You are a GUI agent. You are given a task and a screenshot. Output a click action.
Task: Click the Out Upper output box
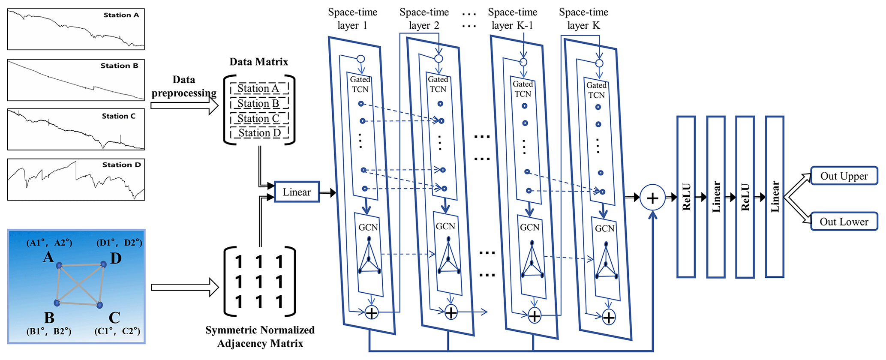pyautogui.click(x=844, y=176)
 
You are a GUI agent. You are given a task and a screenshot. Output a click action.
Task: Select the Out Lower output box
pyautogui.click(x=844, y=222)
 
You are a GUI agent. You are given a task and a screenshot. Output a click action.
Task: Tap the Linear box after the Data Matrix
pyautogui.click(x=297, y=192)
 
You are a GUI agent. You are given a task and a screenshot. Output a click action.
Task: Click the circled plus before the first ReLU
pyautogui.click(x=652, y=198)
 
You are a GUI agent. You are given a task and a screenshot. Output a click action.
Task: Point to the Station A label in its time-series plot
pyautogui.click(x=121, y=15)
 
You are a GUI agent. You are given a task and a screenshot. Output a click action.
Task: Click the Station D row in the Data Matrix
pyautogui.click(x=259, y=133)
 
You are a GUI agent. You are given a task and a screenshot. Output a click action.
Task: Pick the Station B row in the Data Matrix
pyautogui.click(x=258, y=104)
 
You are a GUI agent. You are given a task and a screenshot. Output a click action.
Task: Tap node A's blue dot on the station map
pyautogui.click(x=59, y=266)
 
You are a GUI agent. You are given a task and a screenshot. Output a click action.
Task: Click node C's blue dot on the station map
pyautogui.click(x=100, y=305)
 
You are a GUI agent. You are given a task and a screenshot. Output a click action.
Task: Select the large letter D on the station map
pyautogui.click(x=116, y=258)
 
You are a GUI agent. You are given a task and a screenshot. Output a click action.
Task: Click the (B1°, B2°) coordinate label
pyautogui.click(x=49, y=331)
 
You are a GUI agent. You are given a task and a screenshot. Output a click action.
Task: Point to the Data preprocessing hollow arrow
pyautogui.click(x=184, y=105)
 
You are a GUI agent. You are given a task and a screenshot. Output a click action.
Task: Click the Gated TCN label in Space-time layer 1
pyautogui.click(x=360, y=84)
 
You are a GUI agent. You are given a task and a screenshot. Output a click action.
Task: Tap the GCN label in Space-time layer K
pyautogui.click(x=604, y=229)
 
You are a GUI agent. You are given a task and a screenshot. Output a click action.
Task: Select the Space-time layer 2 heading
pyautogui.click(x=424, y=19)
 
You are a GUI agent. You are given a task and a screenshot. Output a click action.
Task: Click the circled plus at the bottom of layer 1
pyautogui.click(x=371, y=312)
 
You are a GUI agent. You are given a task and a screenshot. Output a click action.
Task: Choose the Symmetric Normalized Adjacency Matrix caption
pyautogui.click(x=260, y=336)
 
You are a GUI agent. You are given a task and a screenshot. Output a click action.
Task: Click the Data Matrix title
pyautogui.click(x=258, y=62)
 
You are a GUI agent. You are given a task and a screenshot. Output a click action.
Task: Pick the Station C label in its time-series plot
pyautogui.click(x=118, y=116)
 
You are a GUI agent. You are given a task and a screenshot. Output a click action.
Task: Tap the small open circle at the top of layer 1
pyautogui.click(x=361, y=59)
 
